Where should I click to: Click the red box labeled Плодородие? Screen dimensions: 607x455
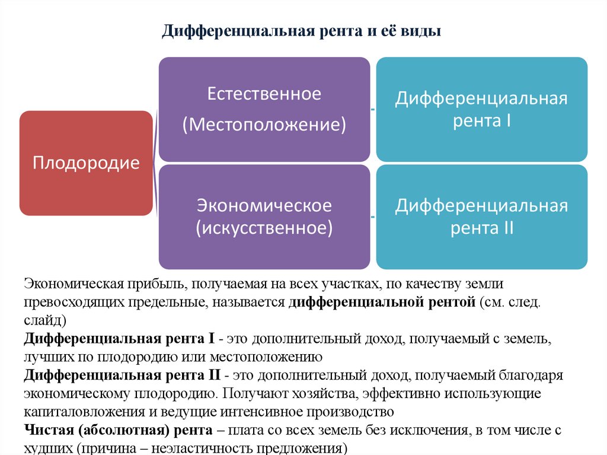point(86,163)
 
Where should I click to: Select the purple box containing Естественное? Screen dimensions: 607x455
point(264,109)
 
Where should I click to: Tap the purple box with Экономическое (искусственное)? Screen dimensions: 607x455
point(264,217)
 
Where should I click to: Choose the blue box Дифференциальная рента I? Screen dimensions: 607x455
point(482,109)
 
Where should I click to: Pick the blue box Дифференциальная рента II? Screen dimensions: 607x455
point(482,217)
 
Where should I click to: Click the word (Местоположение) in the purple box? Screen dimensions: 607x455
point(264,125)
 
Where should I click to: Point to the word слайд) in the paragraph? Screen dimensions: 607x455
point(44,320)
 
